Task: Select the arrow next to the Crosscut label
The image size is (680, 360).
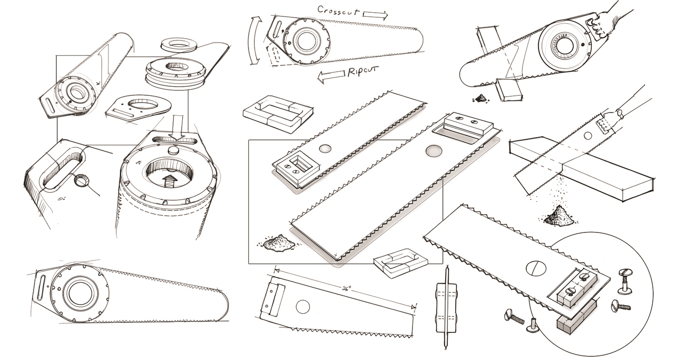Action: [375, 15]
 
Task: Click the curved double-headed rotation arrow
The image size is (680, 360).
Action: [256, 41]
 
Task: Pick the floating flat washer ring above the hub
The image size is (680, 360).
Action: [178, 44]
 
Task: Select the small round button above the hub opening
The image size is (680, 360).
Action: [174, 151]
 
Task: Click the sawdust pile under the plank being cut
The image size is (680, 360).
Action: [559, 216]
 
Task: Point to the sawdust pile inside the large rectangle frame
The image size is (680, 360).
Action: [278, 242]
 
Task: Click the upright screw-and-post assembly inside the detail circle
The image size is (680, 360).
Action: [625, 279]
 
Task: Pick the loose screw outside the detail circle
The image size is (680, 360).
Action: [515, 316]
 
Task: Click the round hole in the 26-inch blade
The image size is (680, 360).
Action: [303, 307]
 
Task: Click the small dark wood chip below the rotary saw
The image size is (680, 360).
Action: [480, 98]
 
